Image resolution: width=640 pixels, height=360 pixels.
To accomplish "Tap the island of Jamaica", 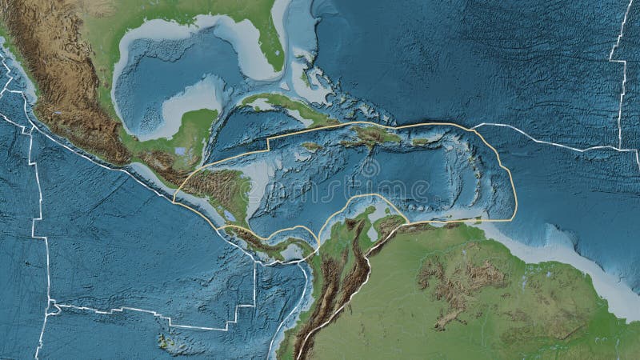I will [311, 146].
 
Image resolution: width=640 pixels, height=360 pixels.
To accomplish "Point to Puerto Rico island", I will [421, 141].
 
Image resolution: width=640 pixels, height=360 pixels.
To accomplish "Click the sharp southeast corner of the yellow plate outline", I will [514, 218].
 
